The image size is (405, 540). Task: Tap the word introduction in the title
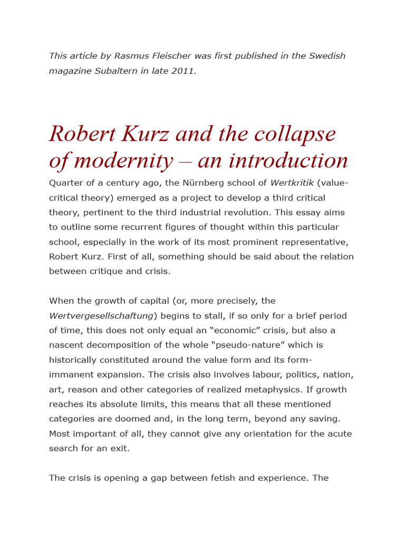point(287,161)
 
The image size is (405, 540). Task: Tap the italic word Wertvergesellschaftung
point(101,316)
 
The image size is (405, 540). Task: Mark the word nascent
point(65,345)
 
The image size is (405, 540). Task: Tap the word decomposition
point(126,345)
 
